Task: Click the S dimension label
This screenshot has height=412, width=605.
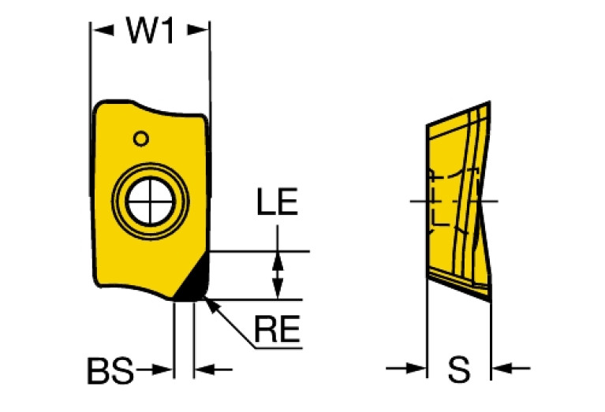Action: coord(458,369)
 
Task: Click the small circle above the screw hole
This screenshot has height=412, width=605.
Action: coord(140,139)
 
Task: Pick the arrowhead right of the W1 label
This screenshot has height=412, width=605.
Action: coord(200,31)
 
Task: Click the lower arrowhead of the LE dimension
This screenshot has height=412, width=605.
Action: coord(277,289)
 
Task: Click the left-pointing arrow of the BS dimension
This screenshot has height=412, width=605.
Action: coord(204,369)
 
